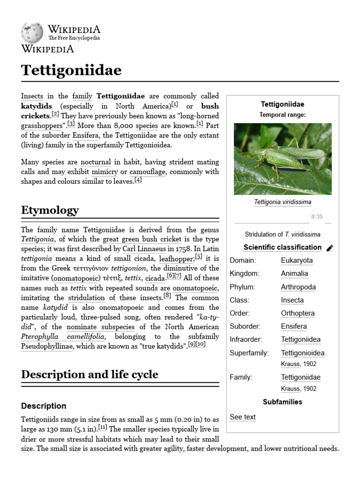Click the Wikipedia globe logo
tap(32, 33)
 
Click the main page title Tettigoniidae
tap(71, 70)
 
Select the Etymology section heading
tap(50, 210)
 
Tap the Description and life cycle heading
tap(90, 374)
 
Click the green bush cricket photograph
tap(282, 159)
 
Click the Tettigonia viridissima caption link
tap(282, 202)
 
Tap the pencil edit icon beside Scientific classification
tap(330, 248)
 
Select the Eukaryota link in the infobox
tap(297, 261)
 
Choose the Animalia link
tap(294, 274)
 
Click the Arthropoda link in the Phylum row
tap(298, 287)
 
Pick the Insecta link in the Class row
tap(292, 300)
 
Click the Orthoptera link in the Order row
tap(298, 313)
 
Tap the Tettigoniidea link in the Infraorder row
tap(300, 339)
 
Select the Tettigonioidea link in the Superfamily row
tap(302, 353)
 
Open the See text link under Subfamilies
tap(242, 417)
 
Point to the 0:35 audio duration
tap(317, 217)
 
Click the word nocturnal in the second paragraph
tap(96, 162)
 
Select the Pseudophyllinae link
tap(47, 346)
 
